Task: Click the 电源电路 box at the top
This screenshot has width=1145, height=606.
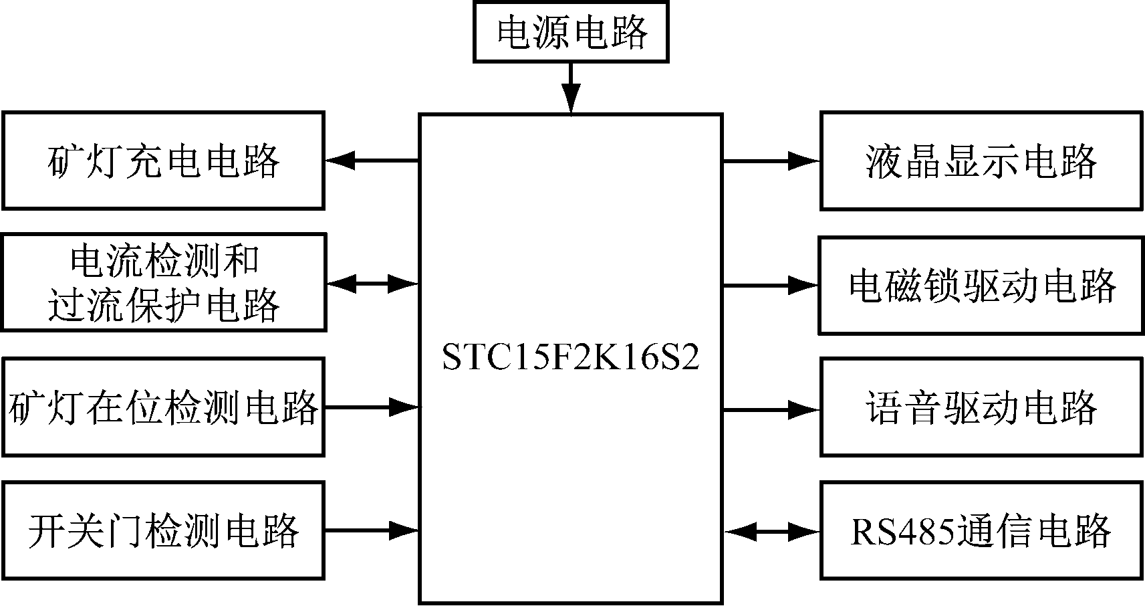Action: point(571,31)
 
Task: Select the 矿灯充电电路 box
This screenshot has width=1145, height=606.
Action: point(164,161)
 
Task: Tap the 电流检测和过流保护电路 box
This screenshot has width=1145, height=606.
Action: point(164,282)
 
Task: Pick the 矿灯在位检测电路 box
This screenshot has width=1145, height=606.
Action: point(164,407)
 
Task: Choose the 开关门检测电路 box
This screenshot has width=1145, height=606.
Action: point(164,530)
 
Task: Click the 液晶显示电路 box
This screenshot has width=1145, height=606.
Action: point(981,161)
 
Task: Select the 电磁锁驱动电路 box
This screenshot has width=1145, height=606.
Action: point(981,286)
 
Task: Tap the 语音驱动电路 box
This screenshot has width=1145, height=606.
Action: point(981,407)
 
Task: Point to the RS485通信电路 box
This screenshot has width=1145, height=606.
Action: point(981,530)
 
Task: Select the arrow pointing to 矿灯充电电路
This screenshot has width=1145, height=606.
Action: point(372,161)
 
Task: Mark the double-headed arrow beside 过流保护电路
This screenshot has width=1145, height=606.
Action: point(372,284)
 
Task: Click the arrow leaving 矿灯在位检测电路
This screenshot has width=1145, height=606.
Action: point(372,406)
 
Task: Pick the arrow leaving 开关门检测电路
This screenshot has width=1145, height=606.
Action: point(372,531)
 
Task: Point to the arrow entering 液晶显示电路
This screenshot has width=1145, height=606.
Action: point(771,161)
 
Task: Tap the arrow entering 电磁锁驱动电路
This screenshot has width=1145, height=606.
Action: point(771,286)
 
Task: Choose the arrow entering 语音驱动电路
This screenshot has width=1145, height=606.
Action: point(771,409)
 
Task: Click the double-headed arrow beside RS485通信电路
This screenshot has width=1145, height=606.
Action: point(772,532)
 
